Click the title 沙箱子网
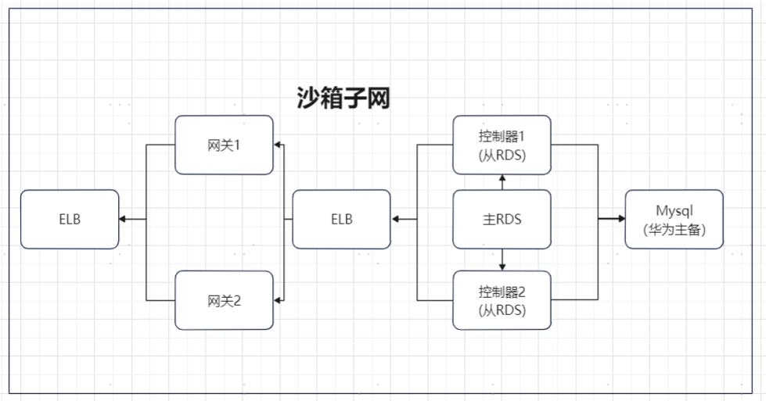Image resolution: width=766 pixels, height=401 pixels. click(343, 98)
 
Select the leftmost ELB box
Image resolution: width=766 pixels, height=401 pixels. click(70, 219)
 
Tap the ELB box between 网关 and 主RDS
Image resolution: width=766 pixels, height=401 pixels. click(341, 219)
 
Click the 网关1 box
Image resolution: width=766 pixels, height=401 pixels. click(224, 145)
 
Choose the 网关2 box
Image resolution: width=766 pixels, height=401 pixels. click(224, 300)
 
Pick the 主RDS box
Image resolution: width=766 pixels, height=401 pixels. click(502, 219)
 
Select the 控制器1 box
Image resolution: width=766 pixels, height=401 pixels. click(502, 145)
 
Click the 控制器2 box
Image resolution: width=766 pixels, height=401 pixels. click(502, 300)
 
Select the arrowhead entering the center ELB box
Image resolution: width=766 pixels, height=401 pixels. click(396, 219)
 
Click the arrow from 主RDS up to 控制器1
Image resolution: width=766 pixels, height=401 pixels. click(502, 182)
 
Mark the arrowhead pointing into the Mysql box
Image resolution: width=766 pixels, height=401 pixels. click(620, 219)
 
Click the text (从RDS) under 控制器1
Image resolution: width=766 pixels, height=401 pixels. click(502, 155)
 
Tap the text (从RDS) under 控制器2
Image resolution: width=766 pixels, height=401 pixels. click(502, 310)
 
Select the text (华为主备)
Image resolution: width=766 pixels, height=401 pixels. click(674, 230)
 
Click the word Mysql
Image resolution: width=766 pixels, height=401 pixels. click(674, 210)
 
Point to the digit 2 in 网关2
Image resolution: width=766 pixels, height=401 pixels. click(236, 301)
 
